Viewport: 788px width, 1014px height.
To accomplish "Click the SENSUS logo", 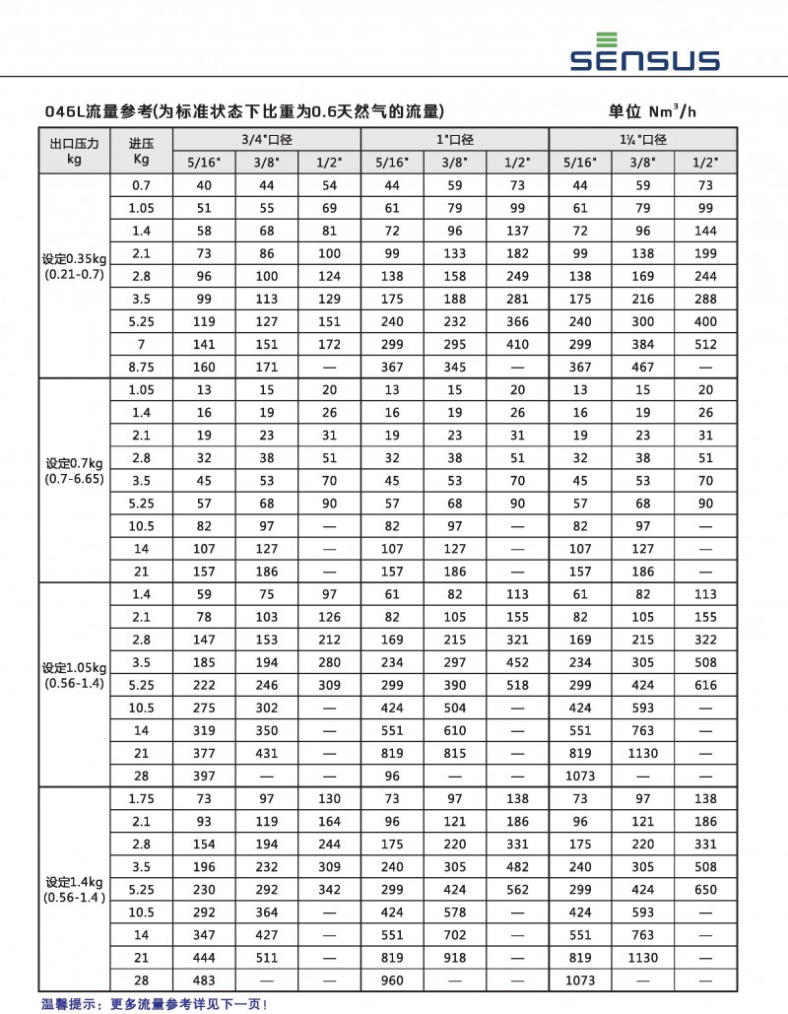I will point(644,54).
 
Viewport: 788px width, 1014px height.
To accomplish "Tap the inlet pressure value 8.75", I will point(141,367).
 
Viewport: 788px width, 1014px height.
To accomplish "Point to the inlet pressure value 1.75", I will point(141,798).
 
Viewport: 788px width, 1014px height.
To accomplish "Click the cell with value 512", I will point(705,344).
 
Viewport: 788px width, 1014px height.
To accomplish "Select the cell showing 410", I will point(517,344).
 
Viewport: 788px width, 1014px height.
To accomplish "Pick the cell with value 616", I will point(705,685).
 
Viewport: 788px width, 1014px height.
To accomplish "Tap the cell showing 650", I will point(705,889).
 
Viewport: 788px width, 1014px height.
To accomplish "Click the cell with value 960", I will point(392,980).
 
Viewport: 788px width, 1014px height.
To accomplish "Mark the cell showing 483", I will point(204,980).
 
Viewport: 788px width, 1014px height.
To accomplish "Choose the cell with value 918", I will point(454,957).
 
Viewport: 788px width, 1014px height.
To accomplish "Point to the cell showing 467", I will point(642,367).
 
